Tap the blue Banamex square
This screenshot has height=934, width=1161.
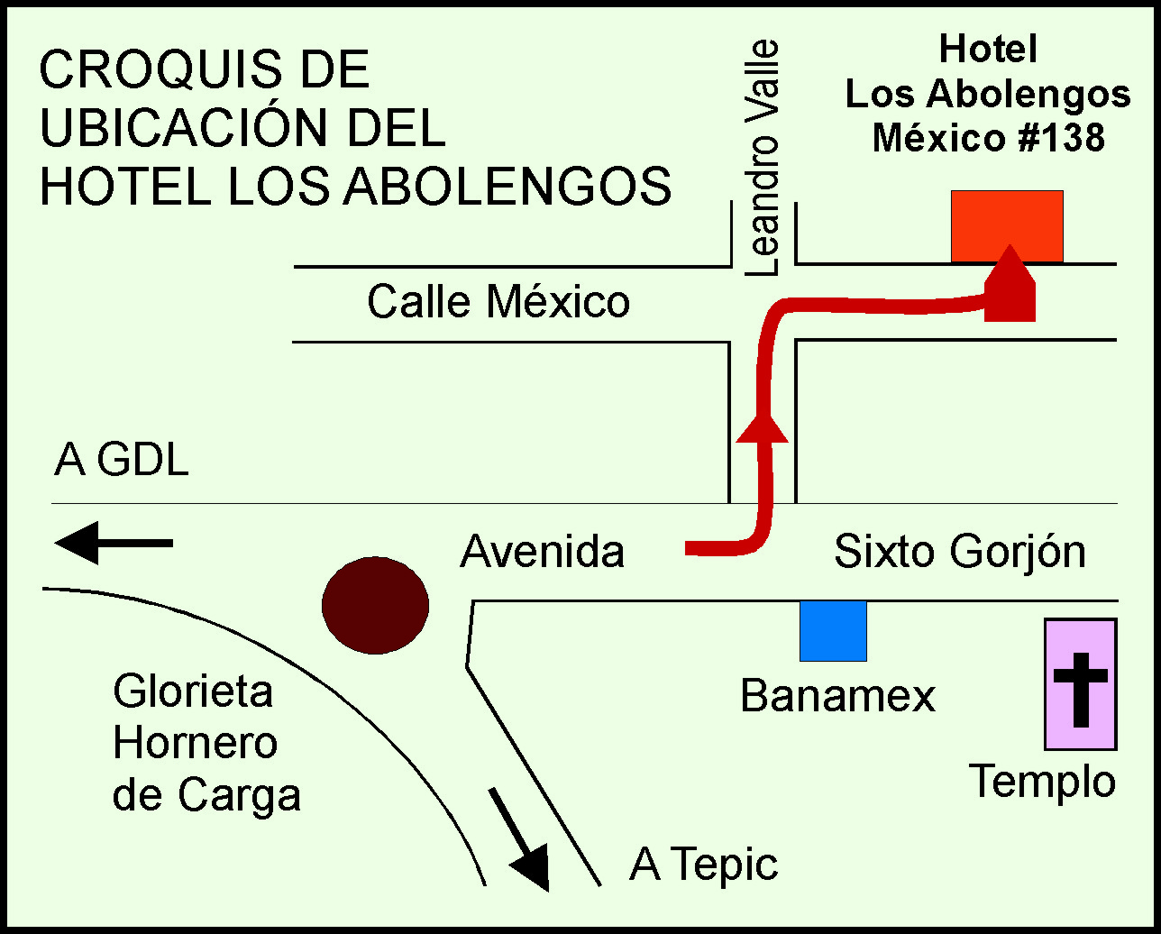pyautogui.click(x=833, y=631)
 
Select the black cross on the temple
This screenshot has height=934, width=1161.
pyautogui.click(x=1081, y=688)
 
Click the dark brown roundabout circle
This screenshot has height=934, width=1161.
pyautogui.click(x=375, y=604)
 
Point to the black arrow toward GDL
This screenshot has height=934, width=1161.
pyautogui.click(x=113, y=543)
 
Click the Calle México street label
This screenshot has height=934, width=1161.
pyautogui.click(x=498, y=302)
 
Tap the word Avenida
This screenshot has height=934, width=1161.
pyautogui.click(x=542, y=551)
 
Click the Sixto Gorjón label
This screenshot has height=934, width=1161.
pyautogui.click(x=959, y=551)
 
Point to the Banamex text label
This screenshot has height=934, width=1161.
pyautogui.click(x=837, y=696)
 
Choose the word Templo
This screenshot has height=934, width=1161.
pyautogui.click(x=1042, y=781)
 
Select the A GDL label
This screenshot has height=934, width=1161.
pyautogui.click(x=122, y=461)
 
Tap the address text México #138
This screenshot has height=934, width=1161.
pyautogui.click(x=988, y=138)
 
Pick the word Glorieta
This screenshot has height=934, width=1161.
pyautogui.click(x=193, y=692)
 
